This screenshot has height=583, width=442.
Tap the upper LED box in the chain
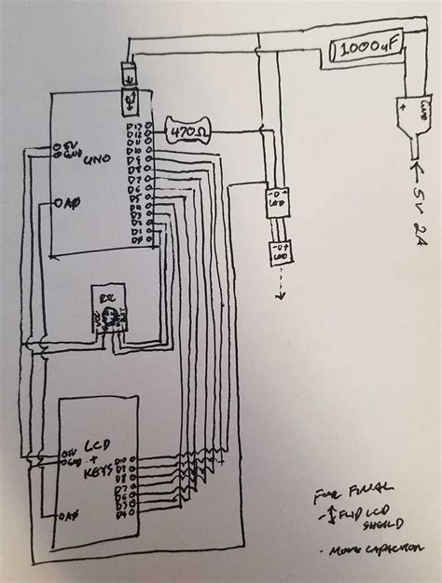276,199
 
